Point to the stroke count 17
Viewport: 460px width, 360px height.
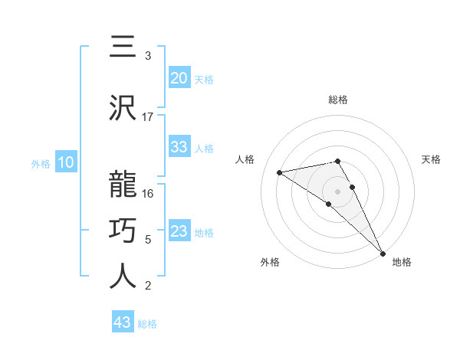pyautogui.click(x=148, y=117)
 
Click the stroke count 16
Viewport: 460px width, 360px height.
pyautogui.click(x=148, y=193)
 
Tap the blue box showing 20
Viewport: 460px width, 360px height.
pyautogui.click(x=179, y=78)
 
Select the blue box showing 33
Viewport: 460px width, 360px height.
pyautogui.click(x=179, y=147)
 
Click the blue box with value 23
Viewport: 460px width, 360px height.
pyautogui.click(x=179, y=231)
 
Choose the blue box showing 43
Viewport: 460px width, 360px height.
pyautogui.click(x=123, y=322)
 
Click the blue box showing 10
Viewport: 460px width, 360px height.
pyautogui.click(x=65, y=162)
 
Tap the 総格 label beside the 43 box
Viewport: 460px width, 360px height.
pyautogui.click(x=147, y=324)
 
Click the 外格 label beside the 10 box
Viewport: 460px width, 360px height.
pyautogui.click(x=41, y=164)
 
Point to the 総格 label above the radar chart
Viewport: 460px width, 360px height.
pyautogui.click(x=337, y=100)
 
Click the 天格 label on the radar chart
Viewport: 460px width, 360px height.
pyautogui.click(x=431, y=159)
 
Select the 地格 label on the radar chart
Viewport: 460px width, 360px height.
pyautogui.click(x=402, y=262)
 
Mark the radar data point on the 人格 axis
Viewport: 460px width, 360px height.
pyautogui.click(x=279, y=172)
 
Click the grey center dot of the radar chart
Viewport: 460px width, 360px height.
pyautogui.click(x=337, y=191)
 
